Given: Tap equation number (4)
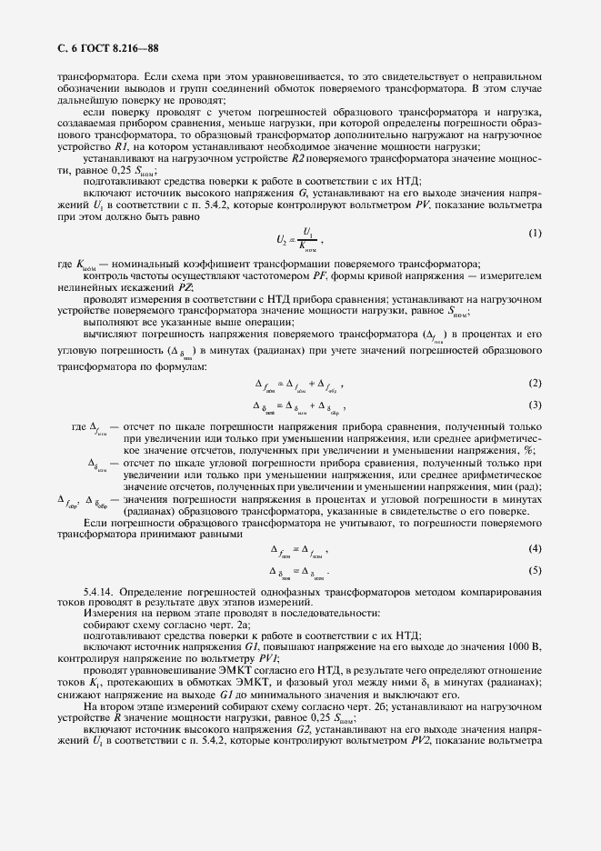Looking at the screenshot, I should (x=535, y=548).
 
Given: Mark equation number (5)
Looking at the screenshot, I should (x=535, y=570).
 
